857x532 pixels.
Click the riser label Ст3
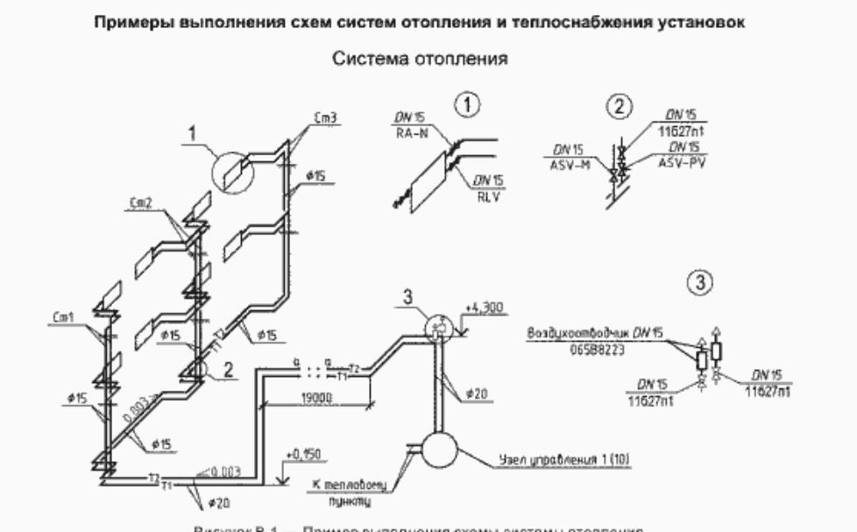pos(323,117)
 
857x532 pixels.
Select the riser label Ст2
pos(139,202)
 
